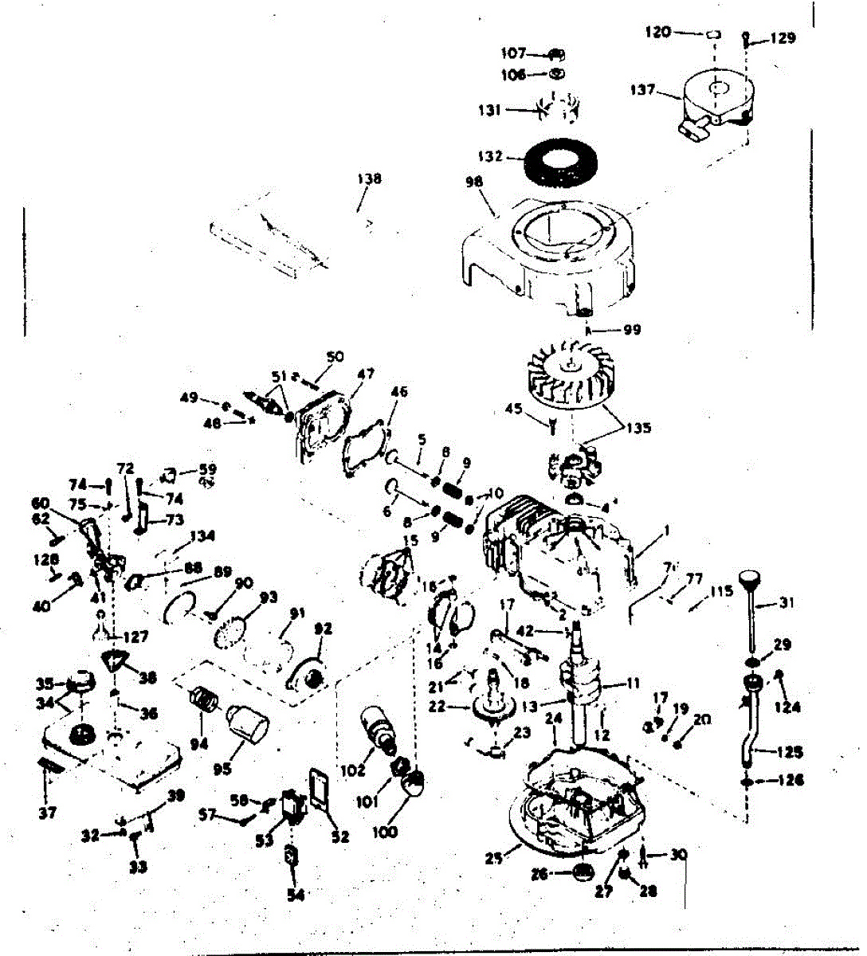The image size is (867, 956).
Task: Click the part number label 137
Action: [642, 90]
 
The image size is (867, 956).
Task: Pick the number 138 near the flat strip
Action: [368, 179]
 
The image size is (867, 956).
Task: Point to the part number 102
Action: [352, 770]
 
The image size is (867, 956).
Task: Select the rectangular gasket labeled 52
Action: [324, 791]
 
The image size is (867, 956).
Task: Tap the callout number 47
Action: [366, 374]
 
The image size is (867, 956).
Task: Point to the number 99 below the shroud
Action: [631, 330]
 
